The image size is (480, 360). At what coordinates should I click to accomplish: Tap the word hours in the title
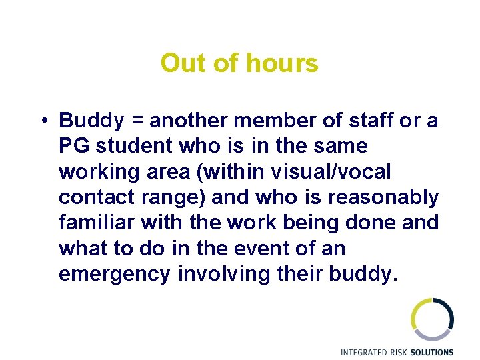click(282, 64)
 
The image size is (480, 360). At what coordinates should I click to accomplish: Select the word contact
click(91, 198)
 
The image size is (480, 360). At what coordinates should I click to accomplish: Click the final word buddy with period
click(363, 275)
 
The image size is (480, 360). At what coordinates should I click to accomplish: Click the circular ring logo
click(432, 319)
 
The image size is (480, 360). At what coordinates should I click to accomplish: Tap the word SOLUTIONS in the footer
click(432, 352)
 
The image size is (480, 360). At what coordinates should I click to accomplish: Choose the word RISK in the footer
click(401, 352)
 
